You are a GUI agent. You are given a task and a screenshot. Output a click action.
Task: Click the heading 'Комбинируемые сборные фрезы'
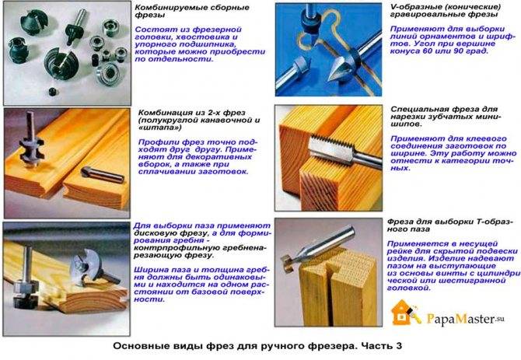192,12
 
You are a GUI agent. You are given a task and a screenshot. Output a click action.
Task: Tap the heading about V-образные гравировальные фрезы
446,11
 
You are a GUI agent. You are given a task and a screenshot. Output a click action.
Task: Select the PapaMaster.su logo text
465,319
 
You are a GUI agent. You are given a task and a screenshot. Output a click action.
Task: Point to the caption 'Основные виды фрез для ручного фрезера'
235,346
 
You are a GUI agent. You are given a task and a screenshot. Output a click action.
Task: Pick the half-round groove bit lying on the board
103,175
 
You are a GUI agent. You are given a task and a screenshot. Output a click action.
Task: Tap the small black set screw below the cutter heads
53,92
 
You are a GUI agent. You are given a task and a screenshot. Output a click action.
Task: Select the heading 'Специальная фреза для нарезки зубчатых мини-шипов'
446,117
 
